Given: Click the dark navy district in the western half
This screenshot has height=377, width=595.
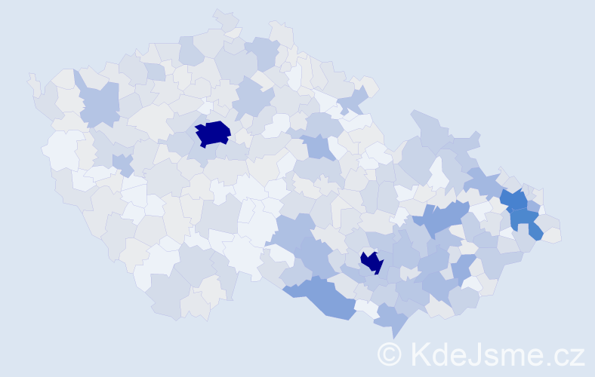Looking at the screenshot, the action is (x=213, y=133).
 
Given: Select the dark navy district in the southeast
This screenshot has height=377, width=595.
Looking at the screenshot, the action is (x=372, y=262).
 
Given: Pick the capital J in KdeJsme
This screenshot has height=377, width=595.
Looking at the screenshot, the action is (x=476, y=353).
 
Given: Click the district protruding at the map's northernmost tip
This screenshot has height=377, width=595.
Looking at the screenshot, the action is (x=225, y=18).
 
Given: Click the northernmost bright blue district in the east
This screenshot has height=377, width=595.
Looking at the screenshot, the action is (x=516, y=200).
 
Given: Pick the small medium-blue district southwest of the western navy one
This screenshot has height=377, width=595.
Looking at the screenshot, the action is (x=122, y=162).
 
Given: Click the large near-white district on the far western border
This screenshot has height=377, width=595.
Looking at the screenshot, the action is (x=62, y=149).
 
